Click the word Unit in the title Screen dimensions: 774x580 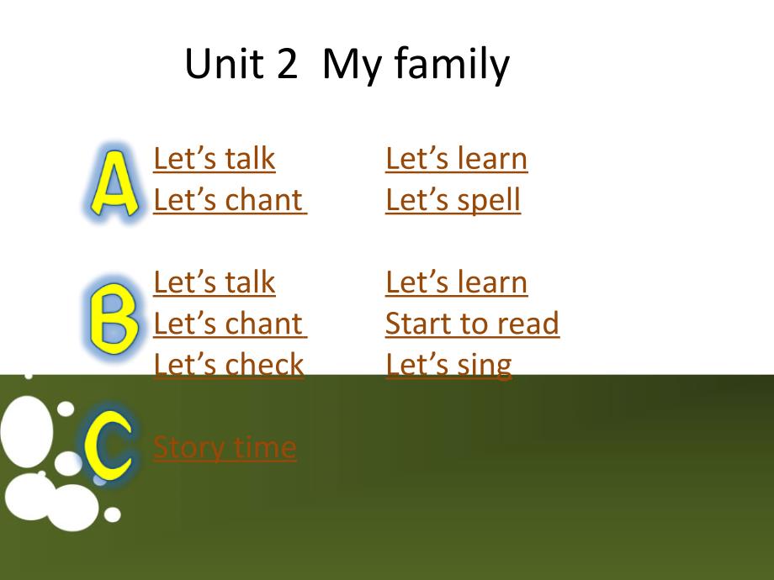tap(224, 63)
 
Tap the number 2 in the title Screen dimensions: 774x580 tap(287, 63)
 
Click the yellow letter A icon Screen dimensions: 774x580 tap(114, 183)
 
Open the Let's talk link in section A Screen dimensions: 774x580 tap(215, 158)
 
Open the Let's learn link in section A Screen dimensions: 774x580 tap(457, 158)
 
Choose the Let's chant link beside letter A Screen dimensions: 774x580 tap(230, 200)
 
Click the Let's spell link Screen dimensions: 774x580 tap(453, 201)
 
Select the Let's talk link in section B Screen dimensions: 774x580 tap(215, 282)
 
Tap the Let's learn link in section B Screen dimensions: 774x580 tap(457, 282)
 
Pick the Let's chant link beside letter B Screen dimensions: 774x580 tap(230, 324)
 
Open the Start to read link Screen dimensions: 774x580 tap(473, 324)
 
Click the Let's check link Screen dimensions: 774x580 tap(229, 365)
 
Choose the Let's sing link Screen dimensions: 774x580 tap(448, 366)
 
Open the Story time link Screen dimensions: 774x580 tap(225, 448)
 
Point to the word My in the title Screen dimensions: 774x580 tap(352, 66)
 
